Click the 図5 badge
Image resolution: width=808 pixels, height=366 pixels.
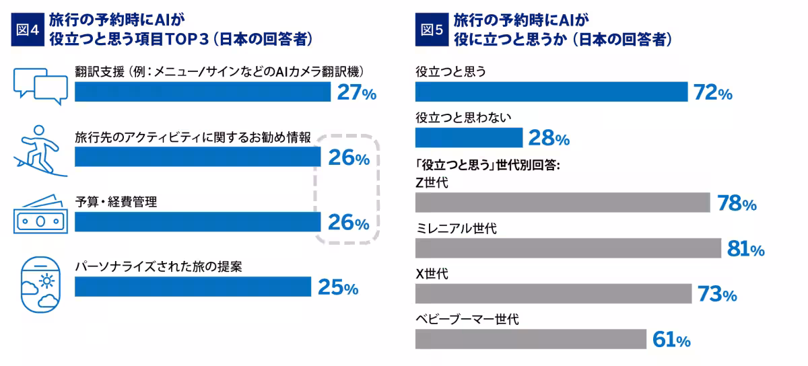click(x=432, y=29)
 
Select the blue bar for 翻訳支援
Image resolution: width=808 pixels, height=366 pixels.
click(x=202, y=92)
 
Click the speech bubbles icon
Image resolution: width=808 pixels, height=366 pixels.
click(x=40, y=85)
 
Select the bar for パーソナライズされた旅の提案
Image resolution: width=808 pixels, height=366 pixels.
click(x=193, y=287)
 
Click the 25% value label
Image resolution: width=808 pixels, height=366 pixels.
click(x=337, y=288)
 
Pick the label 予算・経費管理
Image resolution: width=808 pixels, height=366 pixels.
click(x=116, y=201)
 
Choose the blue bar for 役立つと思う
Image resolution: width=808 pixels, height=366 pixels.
click(x=551, y=92)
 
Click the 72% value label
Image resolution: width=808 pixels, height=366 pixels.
click(x=712, y=93)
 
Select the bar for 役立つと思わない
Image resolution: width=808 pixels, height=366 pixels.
click(x=469, y=138)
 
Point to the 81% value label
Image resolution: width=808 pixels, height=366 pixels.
click(x=745, y=250)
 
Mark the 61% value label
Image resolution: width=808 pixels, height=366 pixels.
click(x=671, y=340)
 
